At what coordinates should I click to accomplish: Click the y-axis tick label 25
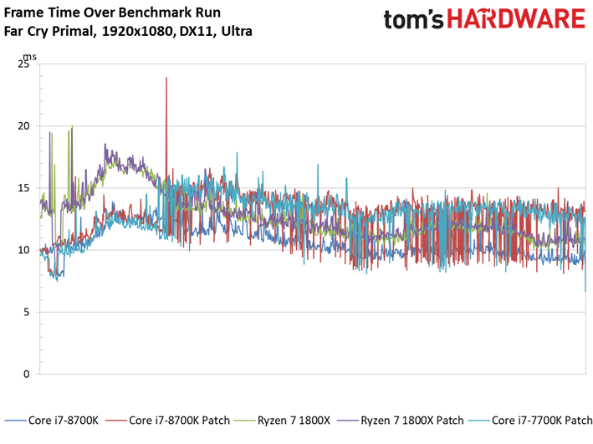[x=23, y=64]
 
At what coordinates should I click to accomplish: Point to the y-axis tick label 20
[x=23, y=126]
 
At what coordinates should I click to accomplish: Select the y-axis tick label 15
[x=23, y=188]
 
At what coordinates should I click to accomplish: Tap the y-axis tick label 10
[x=23, y=250]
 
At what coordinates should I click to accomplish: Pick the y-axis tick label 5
[x=27, y=312]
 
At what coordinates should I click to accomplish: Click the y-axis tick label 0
[x=27, y=374]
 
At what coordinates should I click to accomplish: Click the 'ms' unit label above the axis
[x=29, y=57]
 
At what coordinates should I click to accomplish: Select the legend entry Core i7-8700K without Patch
[x=51, y=421]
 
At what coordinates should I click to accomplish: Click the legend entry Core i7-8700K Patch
[x=167, y=421]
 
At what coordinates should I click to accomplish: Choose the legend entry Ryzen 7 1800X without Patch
[x=282, y=421]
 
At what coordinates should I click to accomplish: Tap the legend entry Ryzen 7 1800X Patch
[x=401, y=421]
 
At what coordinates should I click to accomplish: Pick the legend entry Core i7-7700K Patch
[x=530, y=421]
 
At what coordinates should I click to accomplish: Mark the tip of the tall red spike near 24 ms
[x=166, y=78]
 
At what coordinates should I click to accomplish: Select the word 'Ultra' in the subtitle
[x=237, y=31]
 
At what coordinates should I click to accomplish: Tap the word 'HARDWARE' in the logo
[x=516, y=19]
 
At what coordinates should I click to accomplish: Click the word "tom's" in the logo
[x=413, y=19]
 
